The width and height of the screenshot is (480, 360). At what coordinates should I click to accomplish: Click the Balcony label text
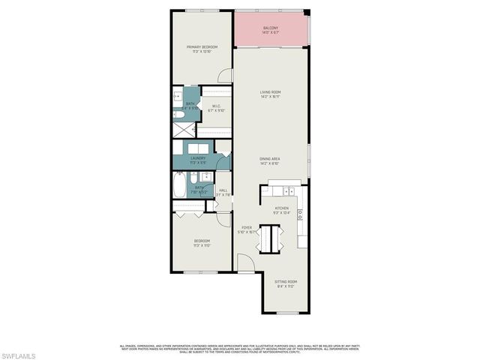pyautogui.click(x=271, y=28)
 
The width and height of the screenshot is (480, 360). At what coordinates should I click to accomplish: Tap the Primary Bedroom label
pyautogui.click(x=201, y=46)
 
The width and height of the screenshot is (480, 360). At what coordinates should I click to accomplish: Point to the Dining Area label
pyautogui.click(x=270, y=159)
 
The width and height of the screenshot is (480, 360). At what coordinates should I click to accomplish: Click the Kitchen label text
pyautogui.click(x=282, y=208)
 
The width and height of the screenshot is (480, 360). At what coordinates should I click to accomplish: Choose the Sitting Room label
pyautogui.click(x=285, y=281)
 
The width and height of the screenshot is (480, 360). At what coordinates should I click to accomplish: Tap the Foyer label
pyautogui.click(x=247, y=226)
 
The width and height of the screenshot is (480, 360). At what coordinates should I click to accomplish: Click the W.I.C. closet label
pyautogui.click(x=216, y=106)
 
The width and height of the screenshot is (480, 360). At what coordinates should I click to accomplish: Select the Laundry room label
pyautogui.click(x=198, y=158)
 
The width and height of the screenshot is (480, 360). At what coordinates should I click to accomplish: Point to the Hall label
pyautogui.click(x=223, y=190)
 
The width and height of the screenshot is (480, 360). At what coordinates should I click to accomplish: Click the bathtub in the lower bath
pyautogui.click(x=180, y=184)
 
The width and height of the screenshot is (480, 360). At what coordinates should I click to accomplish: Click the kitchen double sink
pyautogui.click(x=300, y=214)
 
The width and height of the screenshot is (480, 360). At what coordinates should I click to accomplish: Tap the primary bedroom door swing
pyautogui.click(x=225, y=76)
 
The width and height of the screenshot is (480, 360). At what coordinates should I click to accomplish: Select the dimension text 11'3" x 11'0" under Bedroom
pyautogui.click(x=201, y=245)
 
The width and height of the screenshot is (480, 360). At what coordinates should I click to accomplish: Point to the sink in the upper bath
pyautogui.click(x=178, y=97)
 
